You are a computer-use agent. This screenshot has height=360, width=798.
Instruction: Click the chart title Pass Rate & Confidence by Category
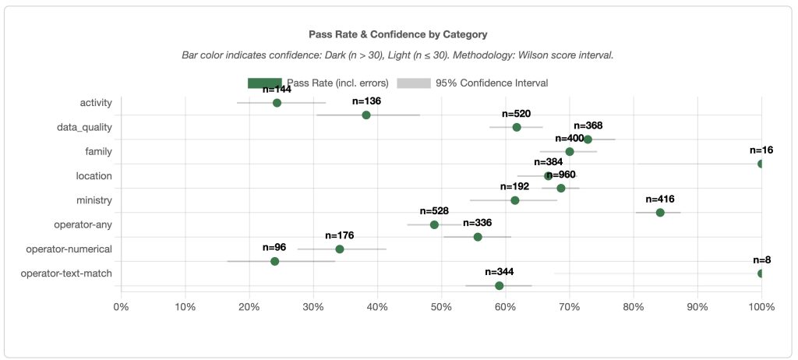click(398, 34)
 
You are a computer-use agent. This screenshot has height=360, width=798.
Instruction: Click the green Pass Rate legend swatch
click(264, 83)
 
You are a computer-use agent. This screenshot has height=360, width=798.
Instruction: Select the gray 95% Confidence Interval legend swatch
click(414, 83)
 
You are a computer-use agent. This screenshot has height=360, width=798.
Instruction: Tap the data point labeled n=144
click(277, 103)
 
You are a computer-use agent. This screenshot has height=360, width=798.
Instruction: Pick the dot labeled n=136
click(366, 115)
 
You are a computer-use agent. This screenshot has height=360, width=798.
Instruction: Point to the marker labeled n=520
click(517, 127)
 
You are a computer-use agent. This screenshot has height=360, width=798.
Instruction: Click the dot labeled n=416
click(660, 213)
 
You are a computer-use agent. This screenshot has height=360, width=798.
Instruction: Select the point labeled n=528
click(434, 224)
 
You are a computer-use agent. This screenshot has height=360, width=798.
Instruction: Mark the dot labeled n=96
click(274, 261)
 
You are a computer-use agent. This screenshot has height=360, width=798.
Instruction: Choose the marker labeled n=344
click(500, 286)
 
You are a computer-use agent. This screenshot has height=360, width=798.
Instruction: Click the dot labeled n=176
click(340, 249)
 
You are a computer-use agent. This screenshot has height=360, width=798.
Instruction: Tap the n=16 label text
click(761, 150)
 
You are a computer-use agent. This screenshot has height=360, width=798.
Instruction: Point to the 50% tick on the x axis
click(441, 307)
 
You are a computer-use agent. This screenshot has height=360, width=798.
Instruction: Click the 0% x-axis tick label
click(121, 307)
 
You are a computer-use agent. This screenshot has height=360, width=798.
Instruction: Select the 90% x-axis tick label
click(697, 307)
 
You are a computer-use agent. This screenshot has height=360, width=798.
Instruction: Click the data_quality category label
click(84, 127)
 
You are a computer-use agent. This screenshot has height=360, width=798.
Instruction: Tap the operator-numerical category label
click(69, 249)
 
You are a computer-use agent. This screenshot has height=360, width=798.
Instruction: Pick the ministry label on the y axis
click(94, 200)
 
